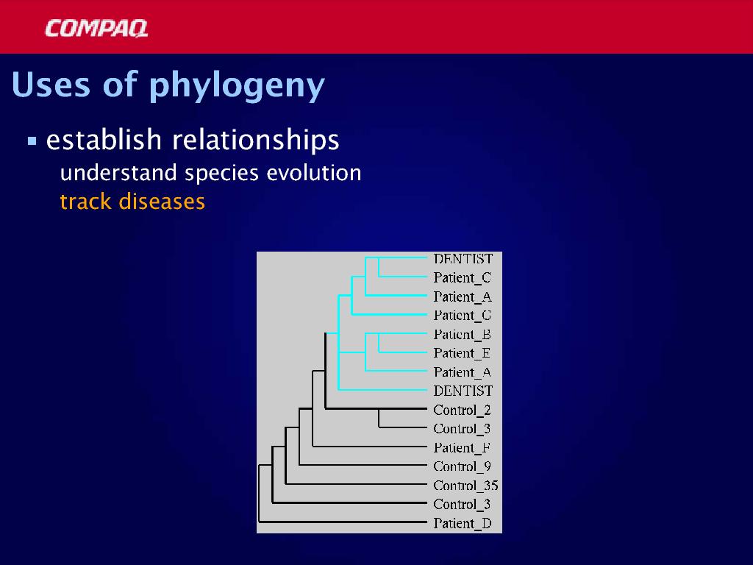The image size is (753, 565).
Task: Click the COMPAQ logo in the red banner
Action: point(96,29)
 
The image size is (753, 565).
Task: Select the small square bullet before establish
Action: point(32,141)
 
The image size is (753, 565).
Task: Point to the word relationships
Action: point(255,140)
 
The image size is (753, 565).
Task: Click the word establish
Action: point(104,140)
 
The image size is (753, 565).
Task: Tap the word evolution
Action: point(313,172)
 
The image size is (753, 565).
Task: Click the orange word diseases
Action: point(162,202)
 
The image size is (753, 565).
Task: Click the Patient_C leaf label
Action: point(462,277)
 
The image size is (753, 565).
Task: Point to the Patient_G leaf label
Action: point(462,315)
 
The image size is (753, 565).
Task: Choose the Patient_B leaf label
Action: point(462,335)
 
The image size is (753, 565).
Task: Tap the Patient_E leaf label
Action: point(462,353)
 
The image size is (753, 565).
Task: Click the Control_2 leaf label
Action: point(462,410)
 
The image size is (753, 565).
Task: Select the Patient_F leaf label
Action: point(462,448)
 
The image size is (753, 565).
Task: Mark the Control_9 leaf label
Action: point(462,466)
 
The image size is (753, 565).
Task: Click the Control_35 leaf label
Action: point(465,486)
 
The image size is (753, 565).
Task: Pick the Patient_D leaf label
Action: point(463,523)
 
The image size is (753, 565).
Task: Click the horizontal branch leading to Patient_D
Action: point(343,522)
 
